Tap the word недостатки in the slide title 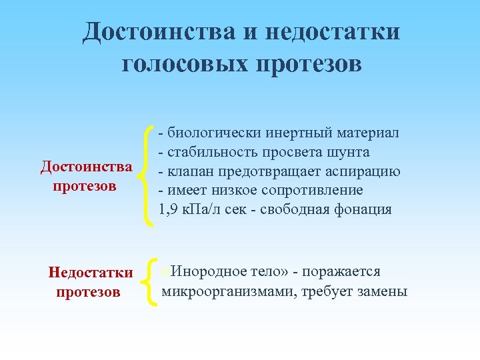coord(333,31)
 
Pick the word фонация coord(363,210)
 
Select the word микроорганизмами coord(228,291)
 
